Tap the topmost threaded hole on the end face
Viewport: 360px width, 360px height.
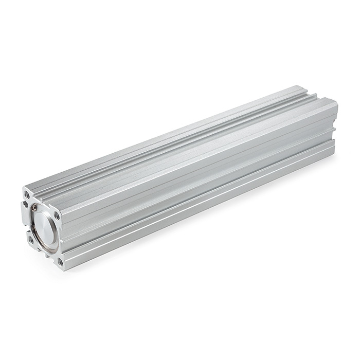27,195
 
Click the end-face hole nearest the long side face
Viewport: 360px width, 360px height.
58,217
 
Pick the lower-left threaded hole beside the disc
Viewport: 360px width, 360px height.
30,240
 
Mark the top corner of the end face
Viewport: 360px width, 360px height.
24,188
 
